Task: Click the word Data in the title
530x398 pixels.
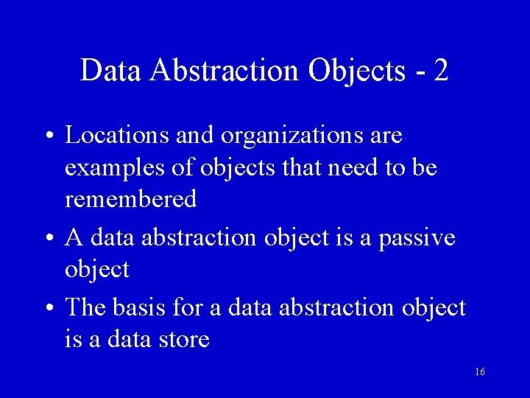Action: [110, 69]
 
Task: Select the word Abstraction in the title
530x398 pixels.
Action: [224, 69]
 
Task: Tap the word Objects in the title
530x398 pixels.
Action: [357, 71]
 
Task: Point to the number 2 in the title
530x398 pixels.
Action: [441, 69]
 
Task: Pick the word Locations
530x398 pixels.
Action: [116, 134]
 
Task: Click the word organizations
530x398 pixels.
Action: [291, 136]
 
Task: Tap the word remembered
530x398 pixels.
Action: [131, 198]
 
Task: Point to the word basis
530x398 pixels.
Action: [139, 307]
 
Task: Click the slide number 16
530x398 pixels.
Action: [480, 371]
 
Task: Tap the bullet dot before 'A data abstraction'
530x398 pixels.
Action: [50, 237]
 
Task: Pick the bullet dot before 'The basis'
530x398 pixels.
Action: [50, 307]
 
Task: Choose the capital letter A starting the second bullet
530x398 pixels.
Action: [74, 237]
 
